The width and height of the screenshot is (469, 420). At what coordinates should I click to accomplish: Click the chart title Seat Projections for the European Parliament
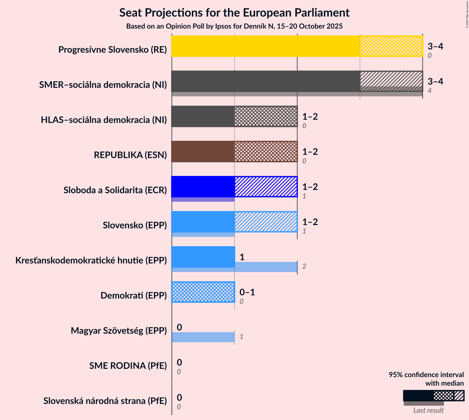(234, 13)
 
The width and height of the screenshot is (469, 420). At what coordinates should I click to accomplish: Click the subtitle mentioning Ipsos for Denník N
(234, 26)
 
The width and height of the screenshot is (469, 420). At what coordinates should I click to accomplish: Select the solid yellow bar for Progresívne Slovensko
(265, 46)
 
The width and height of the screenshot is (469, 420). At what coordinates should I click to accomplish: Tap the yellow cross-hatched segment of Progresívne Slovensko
(391, 46)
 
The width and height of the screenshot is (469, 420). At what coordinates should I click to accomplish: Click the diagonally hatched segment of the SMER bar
(391, 79)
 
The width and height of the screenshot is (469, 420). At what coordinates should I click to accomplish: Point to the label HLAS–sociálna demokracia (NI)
(104, 120)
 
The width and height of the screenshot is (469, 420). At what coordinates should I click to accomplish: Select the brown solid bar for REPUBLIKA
(203, 152)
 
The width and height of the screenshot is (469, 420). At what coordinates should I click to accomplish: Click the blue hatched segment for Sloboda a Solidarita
(266, 187)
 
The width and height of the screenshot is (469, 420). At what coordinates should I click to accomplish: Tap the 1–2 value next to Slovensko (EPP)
(310, 222)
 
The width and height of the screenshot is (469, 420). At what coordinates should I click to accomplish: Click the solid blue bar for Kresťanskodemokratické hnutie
(203, 257)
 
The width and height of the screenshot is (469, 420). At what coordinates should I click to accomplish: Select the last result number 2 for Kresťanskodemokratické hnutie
(304, 266)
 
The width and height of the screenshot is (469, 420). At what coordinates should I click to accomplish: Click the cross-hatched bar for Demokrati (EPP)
(203, 292)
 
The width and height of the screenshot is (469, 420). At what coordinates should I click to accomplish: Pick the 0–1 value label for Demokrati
(247, 292)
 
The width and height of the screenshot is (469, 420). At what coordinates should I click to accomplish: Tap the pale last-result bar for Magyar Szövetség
(203, 337)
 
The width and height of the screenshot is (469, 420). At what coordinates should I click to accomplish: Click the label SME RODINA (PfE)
(128, 366)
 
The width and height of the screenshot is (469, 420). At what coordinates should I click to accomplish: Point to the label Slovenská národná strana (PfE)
(105, 401)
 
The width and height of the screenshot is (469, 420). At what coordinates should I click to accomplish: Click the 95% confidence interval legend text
(426, 379)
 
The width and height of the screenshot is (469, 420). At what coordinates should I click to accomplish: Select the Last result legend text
(428, 410)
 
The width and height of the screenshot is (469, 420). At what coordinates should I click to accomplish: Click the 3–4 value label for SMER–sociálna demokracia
(435, 81)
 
